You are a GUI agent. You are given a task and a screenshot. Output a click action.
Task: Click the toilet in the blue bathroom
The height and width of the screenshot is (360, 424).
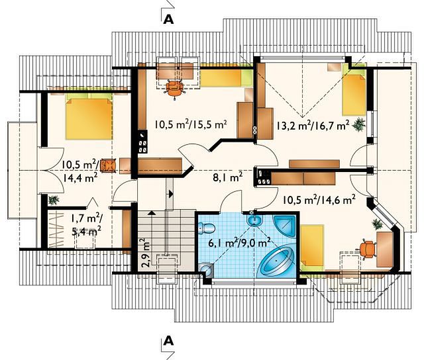point(206,228)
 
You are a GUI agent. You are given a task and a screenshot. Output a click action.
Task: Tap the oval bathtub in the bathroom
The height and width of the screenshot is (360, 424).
point(276,261)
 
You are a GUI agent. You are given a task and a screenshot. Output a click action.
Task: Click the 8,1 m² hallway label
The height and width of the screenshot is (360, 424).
point(227,178)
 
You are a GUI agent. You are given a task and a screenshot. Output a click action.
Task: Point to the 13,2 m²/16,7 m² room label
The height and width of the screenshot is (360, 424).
point(313,125)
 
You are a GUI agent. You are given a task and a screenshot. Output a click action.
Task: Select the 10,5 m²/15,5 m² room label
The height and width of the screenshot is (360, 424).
point(191,124)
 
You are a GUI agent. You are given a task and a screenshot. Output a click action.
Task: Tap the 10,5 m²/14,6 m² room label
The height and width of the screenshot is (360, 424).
point(319,200)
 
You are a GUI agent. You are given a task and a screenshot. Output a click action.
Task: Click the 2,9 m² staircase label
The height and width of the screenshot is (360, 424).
point(146,253)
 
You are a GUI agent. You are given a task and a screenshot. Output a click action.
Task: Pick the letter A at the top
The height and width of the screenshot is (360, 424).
point(168,19)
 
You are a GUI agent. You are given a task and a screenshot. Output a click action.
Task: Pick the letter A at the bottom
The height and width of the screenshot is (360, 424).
point(168,341)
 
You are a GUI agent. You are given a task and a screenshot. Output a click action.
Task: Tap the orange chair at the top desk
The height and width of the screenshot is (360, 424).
point(175,88)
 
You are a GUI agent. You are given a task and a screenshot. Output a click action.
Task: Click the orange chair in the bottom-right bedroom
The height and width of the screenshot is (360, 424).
point(367,249)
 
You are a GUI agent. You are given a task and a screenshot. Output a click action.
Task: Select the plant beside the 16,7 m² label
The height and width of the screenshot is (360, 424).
point(359,124)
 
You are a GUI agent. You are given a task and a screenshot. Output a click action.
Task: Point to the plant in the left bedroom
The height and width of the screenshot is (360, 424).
point(54,200)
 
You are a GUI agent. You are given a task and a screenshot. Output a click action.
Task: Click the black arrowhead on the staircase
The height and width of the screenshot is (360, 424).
point(171,193)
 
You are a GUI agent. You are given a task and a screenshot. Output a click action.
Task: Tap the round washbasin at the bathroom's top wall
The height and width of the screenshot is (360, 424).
point(254,220)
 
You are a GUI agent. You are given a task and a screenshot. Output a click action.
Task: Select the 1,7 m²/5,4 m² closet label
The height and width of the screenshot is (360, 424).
point(86,224)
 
